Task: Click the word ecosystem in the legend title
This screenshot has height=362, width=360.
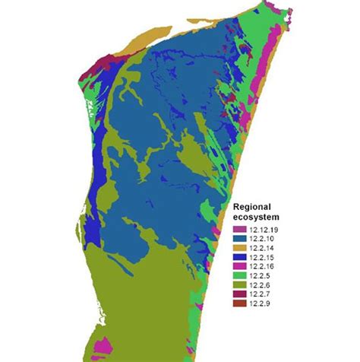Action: [256, 216]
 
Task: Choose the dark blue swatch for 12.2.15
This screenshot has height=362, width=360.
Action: [239, 256]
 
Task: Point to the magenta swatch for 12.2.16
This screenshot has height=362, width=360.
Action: [239, 265]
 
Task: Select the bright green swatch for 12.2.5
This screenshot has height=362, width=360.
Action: [239, 275]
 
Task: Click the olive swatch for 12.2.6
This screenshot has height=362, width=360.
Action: [239, 284]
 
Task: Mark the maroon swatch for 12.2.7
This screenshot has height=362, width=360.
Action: [239, 294]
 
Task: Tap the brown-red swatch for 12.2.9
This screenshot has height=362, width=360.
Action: [239, 303]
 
